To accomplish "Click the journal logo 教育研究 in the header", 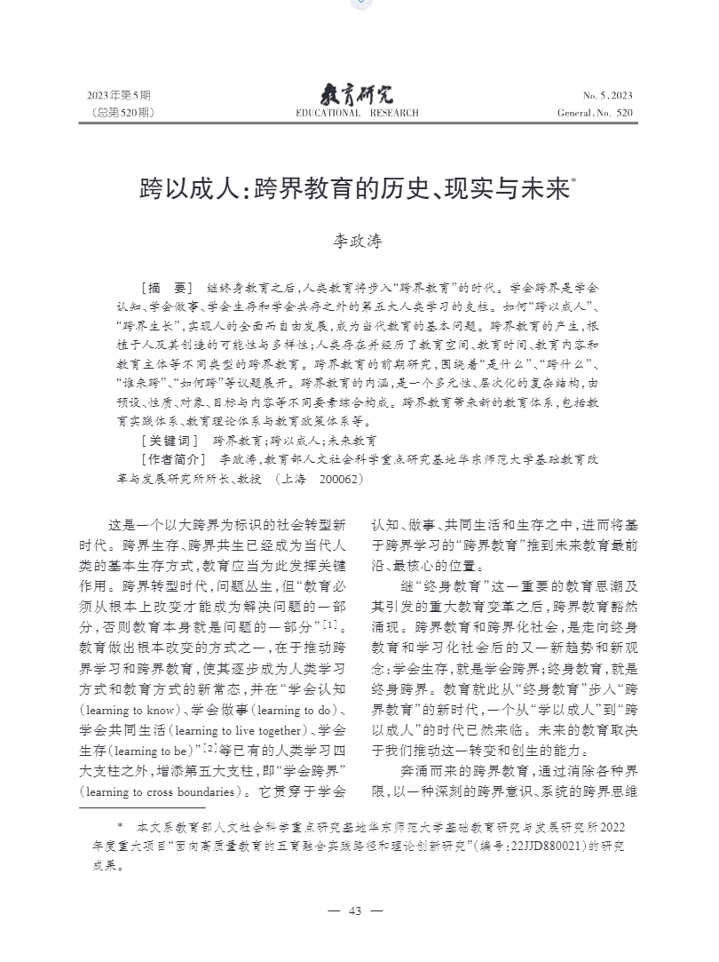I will [x=356, y=93].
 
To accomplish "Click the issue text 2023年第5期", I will [x=119, y=96].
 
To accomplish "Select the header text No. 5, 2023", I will [x=608, y=96].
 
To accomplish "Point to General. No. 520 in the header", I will [x=595, y=113].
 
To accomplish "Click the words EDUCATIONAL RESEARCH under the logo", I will [x=356, y=113].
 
